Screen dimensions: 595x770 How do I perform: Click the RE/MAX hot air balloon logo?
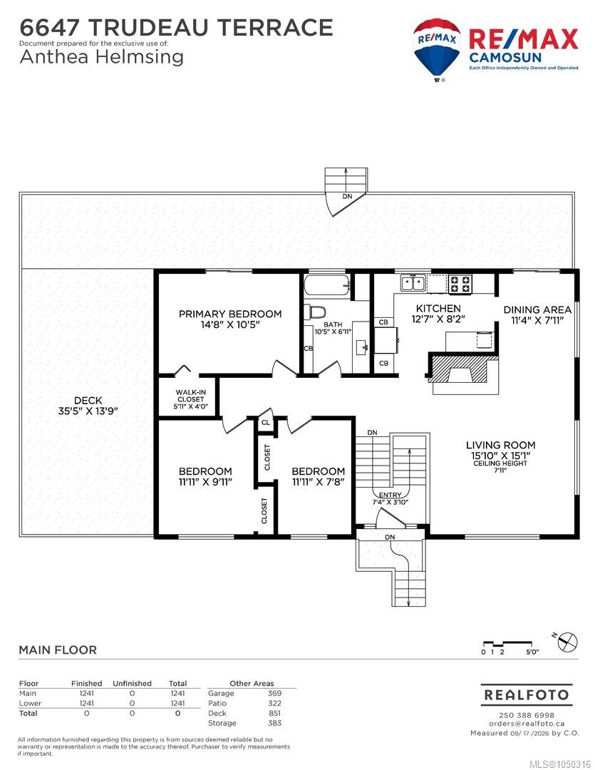pyautogui.click(x=436, y=49)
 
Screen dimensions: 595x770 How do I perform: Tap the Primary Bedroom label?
pyautogui.click(x=230, y=319)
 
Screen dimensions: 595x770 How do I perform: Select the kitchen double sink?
pyautogui.click(x=413, y=283)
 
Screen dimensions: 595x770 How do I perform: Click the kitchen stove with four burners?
pyautogui.click(x=460, y=283)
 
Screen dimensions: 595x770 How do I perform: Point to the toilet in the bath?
pyautogui.click(x=315, y=312)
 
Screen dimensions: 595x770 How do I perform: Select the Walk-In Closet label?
pyautogui.click(x=190, y=399)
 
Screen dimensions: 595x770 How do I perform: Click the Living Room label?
pyautogui.click(x=501, y=455)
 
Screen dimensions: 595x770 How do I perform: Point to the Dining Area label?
pyautogui.click(x=537, y=315)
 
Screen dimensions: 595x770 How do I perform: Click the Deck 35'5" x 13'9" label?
pyautogui.click(x=88, y=406)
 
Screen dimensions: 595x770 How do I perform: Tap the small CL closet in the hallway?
pyautogui.click(x=266, y=423)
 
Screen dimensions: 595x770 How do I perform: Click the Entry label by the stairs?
pyautogui.click(x=390, y=498)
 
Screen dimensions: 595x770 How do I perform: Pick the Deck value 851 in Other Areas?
pyautogui.click(x=274, y=713)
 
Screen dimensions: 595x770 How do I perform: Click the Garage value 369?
pyautogui.click(x=274, y=694)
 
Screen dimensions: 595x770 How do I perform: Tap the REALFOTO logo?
pyautogui.click(x=527, y=695)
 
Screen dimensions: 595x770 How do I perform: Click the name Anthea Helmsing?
pyautogui.click(x=102, y=57)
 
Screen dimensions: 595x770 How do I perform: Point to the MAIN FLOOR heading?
pyautogui.click(x=58, y=650)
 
